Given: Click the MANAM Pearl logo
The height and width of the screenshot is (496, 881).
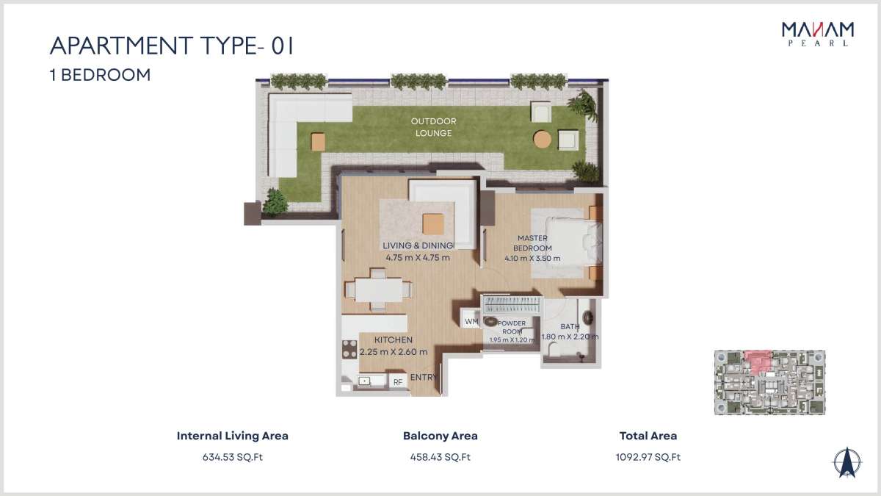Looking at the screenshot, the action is (818, 35).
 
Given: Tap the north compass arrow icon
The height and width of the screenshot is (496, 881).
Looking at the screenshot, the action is (847, 462).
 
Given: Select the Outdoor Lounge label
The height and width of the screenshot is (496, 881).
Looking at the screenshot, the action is (433, 127).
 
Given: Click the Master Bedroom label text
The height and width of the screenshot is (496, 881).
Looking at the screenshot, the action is (532, 243).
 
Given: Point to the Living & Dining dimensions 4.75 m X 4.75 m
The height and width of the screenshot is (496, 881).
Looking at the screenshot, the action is (418, 258).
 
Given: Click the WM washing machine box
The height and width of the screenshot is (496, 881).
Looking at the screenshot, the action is (471, 321).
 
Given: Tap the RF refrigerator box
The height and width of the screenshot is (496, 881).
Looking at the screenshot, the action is (398, 382).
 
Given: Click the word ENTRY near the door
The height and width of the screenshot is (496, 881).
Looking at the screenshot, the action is (423, 377).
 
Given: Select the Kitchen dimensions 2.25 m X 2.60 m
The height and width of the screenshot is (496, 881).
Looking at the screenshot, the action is (394, 352).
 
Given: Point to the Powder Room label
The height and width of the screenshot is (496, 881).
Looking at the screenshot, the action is (512, 327).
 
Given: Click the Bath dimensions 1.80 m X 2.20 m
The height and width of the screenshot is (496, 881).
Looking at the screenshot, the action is (570, 337).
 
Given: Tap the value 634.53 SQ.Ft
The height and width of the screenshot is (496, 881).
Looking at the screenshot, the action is (233, 457).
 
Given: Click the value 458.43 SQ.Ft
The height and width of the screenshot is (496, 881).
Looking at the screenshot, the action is (440, 457).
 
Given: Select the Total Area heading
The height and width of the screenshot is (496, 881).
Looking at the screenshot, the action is (648, 436).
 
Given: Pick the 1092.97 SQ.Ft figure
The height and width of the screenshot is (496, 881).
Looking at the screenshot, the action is (648, 457).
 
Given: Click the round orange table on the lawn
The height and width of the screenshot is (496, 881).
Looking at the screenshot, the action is (543, 140).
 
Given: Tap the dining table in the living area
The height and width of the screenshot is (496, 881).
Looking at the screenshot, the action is (379, 290).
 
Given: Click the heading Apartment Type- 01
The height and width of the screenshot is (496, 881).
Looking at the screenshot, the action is (172, 46).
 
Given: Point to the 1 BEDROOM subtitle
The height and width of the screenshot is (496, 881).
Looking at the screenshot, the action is (101, 75).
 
